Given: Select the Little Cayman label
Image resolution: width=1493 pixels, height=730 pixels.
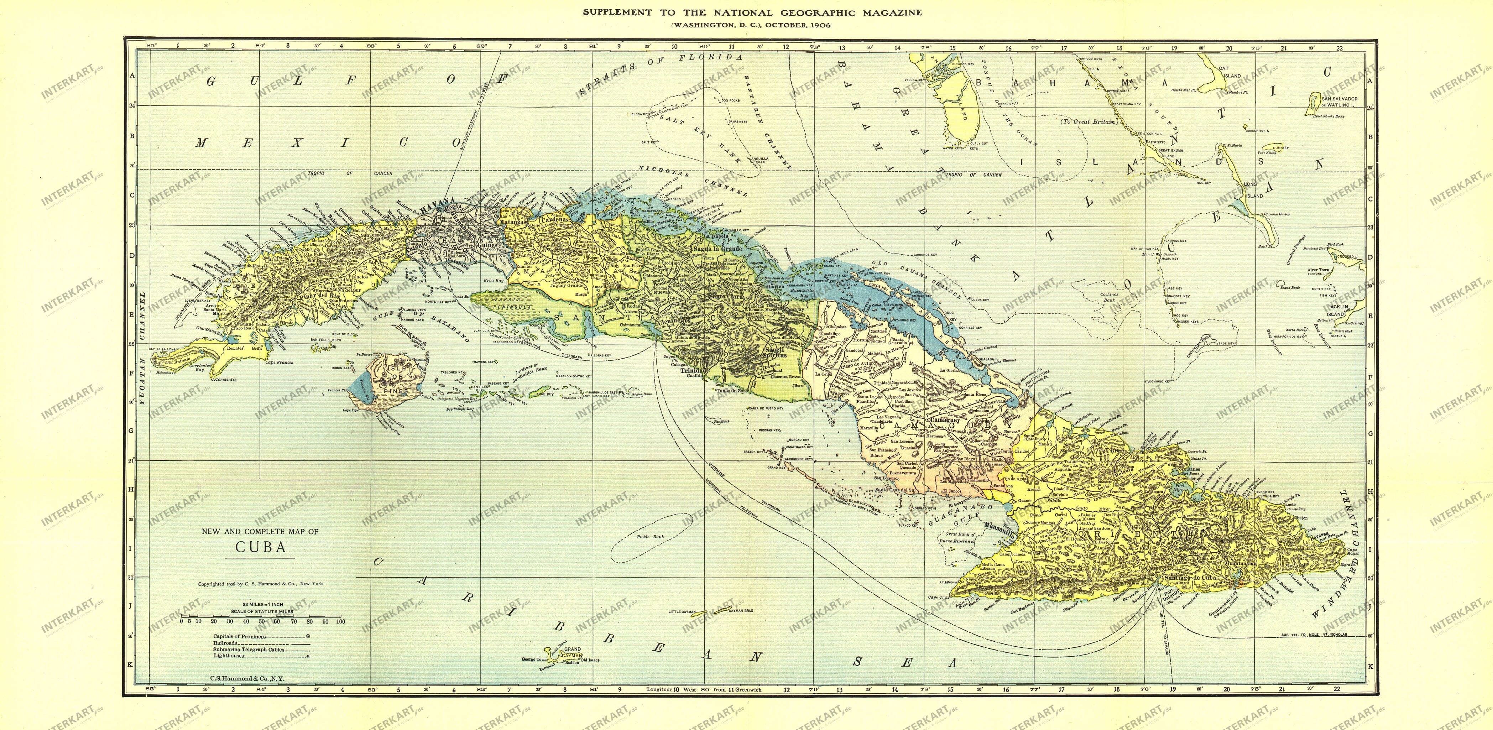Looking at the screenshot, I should click(x=681, y=612).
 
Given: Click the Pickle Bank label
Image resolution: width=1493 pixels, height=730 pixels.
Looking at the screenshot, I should click(x=650, y=536).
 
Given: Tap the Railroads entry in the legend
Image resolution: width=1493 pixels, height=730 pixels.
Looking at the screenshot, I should click(x=226, y=643).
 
